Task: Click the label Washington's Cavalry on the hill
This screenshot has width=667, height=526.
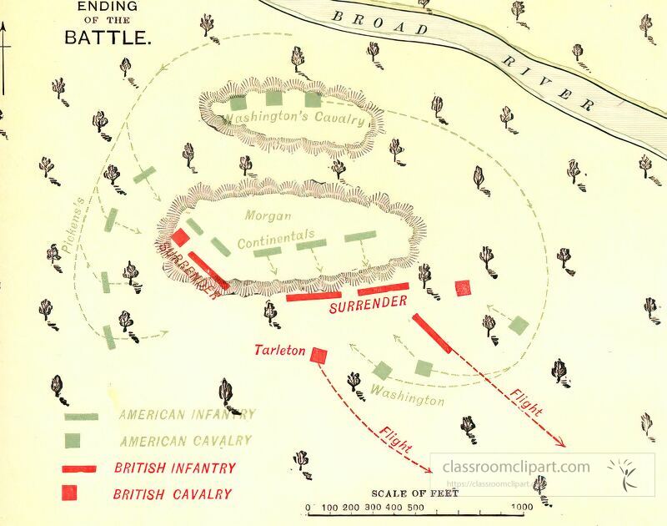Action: click(297, 118)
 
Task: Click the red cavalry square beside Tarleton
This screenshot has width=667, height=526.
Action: click(318, 356)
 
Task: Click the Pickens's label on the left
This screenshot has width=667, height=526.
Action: click(73, 225)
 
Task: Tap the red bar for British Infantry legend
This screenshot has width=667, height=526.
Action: click(81, 468)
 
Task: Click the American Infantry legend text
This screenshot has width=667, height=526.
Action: click(187, 413)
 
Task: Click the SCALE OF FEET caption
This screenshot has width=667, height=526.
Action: click(415, 492)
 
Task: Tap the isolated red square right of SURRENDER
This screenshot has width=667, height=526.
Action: click(463, 288)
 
